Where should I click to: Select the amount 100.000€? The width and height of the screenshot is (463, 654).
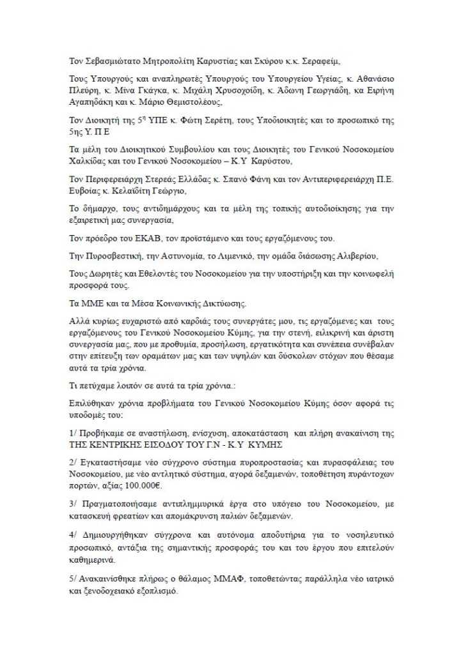(x=144, y=484)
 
